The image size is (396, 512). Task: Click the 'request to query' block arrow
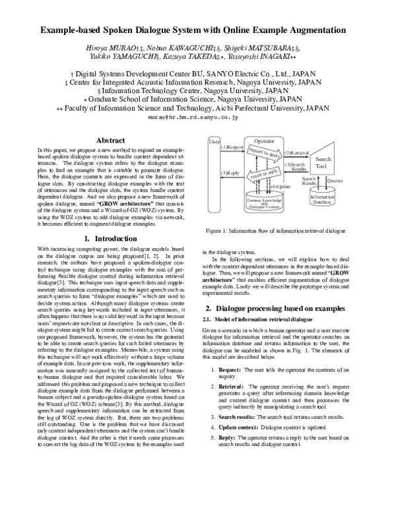(264, 154)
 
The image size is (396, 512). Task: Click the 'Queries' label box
(335, 180)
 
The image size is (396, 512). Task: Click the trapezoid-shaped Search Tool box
(323, 159)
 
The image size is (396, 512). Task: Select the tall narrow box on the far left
(213, 175)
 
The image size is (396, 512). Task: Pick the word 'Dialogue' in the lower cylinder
(257, 207)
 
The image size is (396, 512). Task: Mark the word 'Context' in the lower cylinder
(275, 207)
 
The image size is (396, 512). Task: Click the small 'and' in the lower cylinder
(264, 203)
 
